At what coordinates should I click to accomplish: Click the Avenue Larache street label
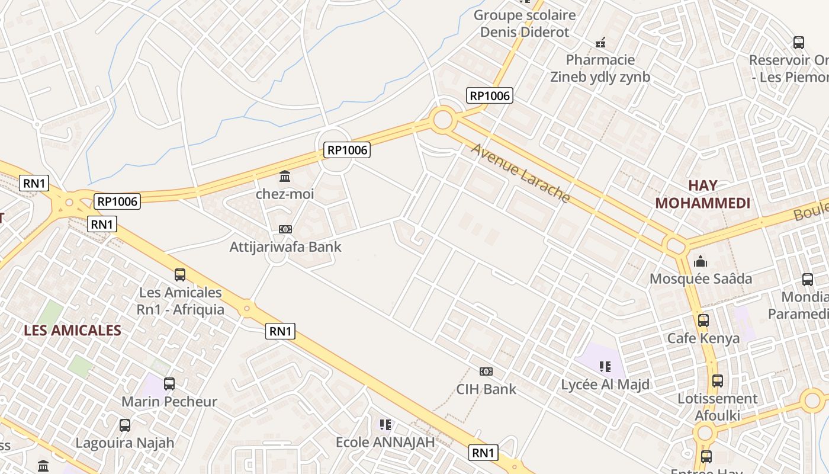[x=520, y=172]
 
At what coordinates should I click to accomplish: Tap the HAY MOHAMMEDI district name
[x=703, y=194]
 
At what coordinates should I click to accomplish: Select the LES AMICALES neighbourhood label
[x=72, y=331]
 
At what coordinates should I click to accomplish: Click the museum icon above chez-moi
[x=285, y=177]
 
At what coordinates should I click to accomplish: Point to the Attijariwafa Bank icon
[x=285, y=229]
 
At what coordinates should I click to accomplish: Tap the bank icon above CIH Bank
[x=486, y=371]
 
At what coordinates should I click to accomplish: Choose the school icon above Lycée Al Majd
[x=605, y=367]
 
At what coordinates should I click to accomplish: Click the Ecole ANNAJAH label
[x=385, y=442]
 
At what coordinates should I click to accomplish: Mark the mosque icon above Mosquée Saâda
[x=701, y=261]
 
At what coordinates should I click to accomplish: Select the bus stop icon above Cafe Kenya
[x=703, y=321]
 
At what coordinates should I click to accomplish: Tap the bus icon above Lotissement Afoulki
[x=717, y=381]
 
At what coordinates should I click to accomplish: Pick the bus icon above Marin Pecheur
[x=169, y=384]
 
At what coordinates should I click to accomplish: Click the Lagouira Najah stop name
[x=125, y=443]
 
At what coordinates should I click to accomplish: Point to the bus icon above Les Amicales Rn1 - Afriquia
[x=180, y=275]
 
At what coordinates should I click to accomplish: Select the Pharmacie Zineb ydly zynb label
[x=600, y=68]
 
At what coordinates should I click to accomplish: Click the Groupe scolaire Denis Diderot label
[x=525, y=24]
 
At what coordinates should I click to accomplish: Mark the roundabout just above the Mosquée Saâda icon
[x=674, y=244]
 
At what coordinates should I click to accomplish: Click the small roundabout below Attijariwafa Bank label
[x=276, y=256]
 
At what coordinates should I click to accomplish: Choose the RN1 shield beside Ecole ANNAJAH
[x=483, y=453]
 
